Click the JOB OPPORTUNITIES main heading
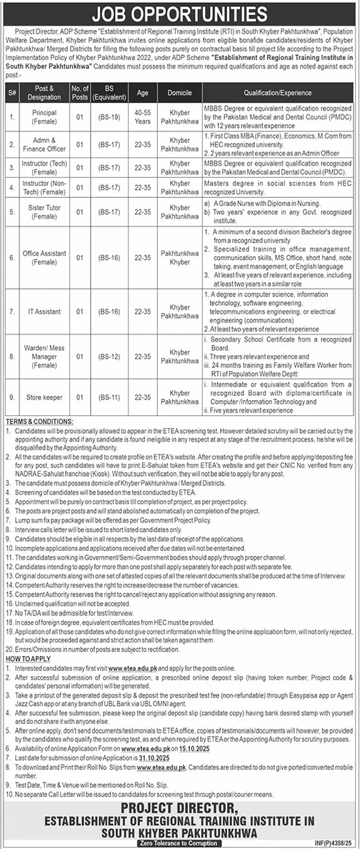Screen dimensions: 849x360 pyautogui.click(x=179, y=13)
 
